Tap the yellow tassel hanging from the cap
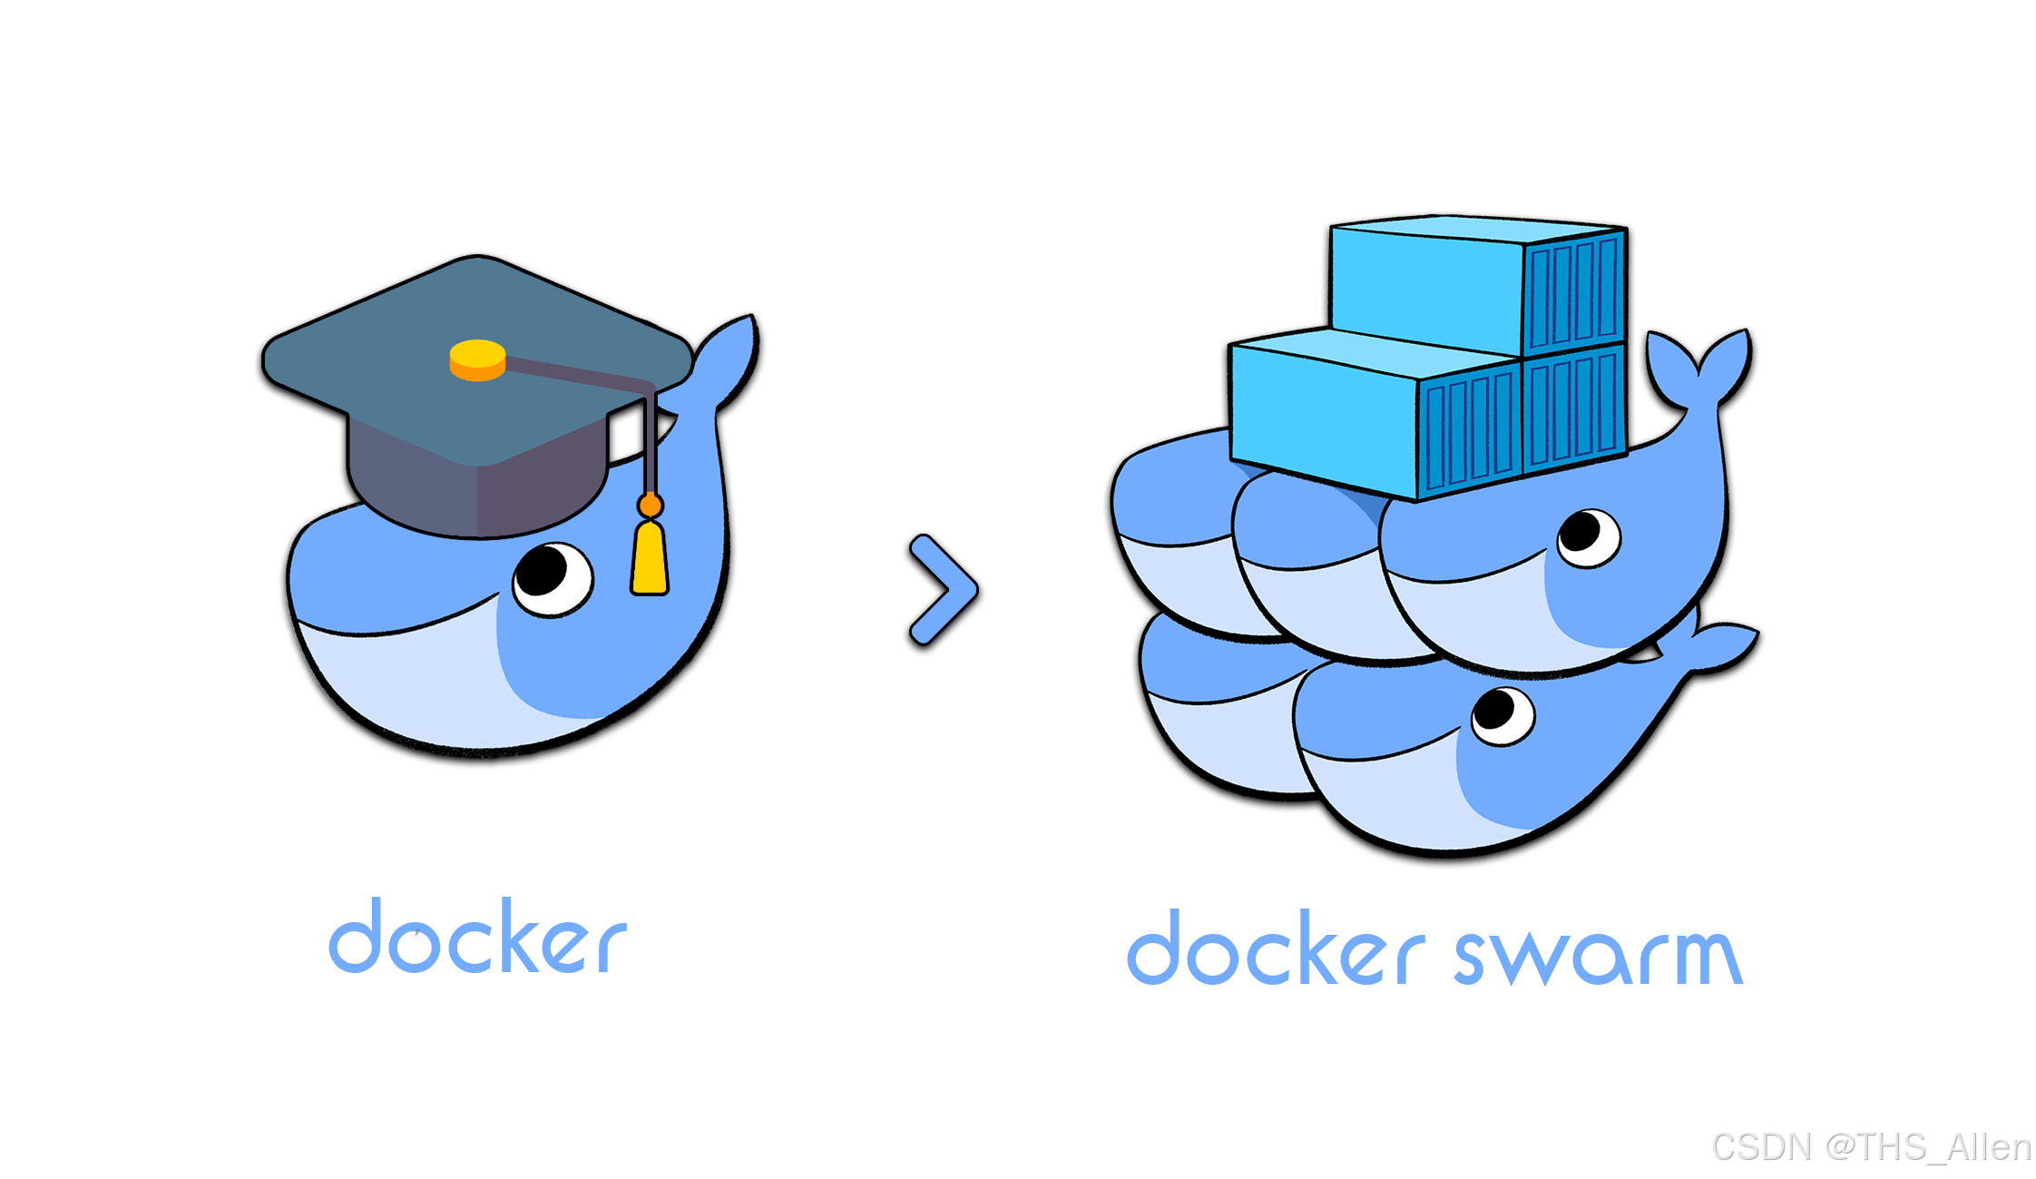[x=650, y=558]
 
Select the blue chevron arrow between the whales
[x=944, y=590]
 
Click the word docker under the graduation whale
[x=477, y=938]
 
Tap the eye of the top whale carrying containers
[x=1588, y=537]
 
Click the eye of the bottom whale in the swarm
[x=1503, y=715]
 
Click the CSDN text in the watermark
[x=1760, y=1146]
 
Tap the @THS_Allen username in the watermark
[x=1927, y=1146]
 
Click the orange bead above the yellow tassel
[x=650, y=505]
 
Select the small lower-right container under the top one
[x=1574, y=408]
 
